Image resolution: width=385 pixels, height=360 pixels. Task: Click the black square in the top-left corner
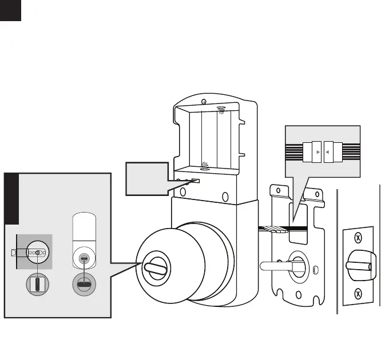(10, 10)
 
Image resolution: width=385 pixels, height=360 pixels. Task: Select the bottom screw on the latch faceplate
(358, 294)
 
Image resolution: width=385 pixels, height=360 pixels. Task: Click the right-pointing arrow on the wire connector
(317, 153)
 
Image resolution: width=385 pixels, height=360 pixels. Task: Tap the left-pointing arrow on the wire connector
(327, 153)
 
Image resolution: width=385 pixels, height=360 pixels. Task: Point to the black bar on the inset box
(11, 198)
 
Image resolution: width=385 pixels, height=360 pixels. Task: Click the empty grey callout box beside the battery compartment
(146, 177)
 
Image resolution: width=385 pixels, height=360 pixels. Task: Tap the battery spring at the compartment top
(222, 109)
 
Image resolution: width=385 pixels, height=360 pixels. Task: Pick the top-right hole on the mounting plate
(316, 197)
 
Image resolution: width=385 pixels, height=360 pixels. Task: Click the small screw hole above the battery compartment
(204, 102)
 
